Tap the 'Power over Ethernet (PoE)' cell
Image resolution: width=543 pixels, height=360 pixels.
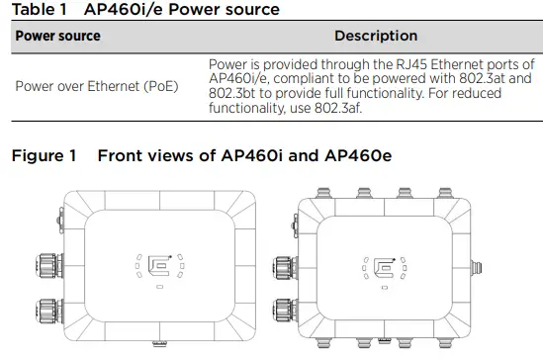pos(91,85)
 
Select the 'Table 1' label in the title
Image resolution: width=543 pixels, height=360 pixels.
pos(38,10)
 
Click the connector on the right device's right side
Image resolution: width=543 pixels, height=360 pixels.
pos(479,268)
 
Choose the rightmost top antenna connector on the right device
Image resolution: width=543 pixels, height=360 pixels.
pos(438,190)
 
